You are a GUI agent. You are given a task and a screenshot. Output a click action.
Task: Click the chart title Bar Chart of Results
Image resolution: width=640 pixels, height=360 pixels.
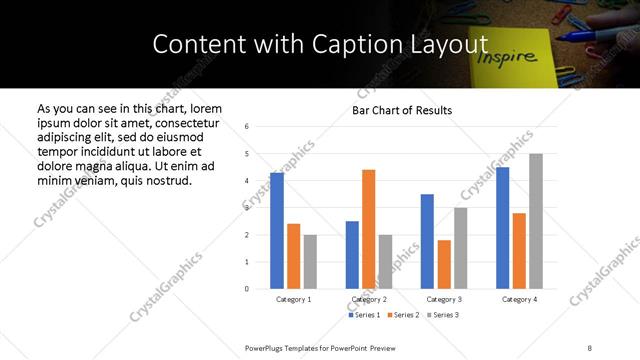[402, 110]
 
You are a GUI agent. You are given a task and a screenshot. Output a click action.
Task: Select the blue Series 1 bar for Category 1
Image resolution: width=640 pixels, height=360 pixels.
[277, 231]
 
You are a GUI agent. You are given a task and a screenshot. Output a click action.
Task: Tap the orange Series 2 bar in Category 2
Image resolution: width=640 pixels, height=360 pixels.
[369, 229]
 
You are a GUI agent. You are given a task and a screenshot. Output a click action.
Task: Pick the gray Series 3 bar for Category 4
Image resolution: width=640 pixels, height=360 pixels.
[536, 221]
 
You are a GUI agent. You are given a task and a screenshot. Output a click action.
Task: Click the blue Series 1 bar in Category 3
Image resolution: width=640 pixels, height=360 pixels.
[427, 241]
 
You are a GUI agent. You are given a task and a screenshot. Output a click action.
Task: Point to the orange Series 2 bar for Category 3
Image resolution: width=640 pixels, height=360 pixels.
[444, 264]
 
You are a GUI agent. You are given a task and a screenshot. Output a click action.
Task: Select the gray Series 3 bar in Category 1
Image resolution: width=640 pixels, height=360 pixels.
[310, 262]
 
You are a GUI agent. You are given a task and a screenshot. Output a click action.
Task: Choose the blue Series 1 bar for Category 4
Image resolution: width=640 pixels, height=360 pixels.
[503, 228]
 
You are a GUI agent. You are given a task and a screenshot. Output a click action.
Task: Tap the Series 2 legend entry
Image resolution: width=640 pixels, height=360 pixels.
[402, 315]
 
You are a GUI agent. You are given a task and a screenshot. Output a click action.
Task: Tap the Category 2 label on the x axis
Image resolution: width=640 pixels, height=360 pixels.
[368, 299]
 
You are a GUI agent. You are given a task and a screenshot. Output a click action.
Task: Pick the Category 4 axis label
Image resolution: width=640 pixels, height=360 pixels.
[519, 299]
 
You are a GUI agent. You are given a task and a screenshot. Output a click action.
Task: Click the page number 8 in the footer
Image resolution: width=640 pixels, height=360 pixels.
[590, 347]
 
